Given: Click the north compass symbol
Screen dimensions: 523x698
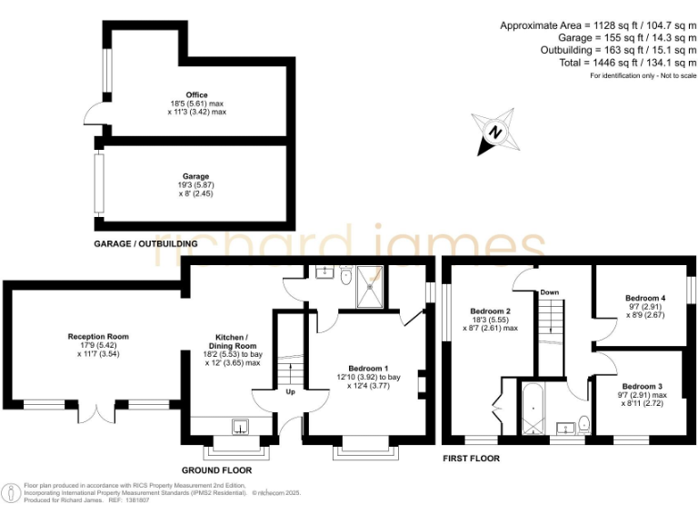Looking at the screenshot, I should [495, 133].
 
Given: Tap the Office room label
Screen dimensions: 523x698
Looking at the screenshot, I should [196, 94].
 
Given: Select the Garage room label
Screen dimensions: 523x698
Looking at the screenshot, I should [196, 176].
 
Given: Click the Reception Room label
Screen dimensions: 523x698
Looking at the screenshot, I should [98, 337].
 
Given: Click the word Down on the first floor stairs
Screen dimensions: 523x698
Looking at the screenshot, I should [549, 292].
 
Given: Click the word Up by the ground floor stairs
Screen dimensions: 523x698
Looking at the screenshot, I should [289, 394].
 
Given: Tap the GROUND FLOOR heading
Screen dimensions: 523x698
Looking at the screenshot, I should [216, 470].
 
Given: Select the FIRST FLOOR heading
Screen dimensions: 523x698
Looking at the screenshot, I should [470, 459].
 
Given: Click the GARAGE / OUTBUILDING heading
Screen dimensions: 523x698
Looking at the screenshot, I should [145, 244].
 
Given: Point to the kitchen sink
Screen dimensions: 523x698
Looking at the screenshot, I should [241, 425].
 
